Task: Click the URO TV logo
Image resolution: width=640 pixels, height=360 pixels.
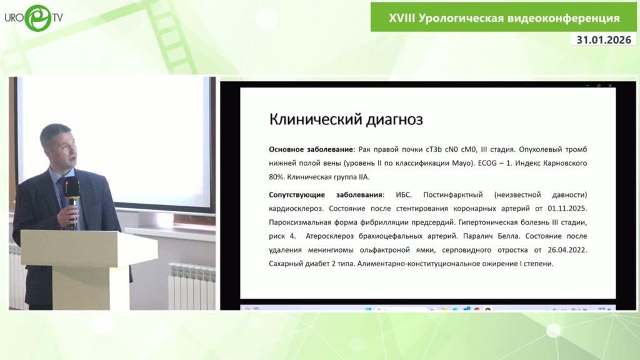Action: (34, 18)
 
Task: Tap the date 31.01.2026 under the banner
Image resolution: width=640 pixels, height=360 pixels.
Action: (604, 39)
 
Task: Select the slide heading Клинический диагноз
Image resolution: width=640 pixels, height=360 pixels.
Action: (346, 119)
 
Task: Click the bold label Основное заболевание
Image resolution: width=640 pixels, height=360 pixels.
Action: (311, 149)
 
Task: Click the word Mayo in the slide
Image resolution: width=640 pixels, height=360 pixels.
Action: (462, 163)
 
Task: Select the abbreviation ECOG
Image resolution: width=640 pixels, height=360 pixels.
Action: (488, 163)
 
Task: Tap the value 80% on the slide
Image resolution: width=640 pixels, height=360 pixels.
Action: (276, 177)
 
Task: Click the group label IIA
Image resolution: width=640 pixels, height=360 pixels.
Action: (363, 177)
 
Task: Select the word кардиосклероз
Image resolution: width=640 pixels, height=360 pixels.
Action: (295, 209)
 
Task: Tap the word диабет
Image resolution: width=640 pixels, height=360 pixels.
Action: (317, 264)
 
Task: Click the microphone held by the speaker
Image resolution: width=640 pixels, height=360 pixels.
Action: (72, 200)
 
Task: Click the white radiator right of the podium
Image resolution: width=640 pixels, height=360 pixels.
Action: (192, 286)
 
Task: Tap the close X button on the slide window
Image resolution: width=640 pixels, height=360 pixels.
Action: (610, 86)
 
